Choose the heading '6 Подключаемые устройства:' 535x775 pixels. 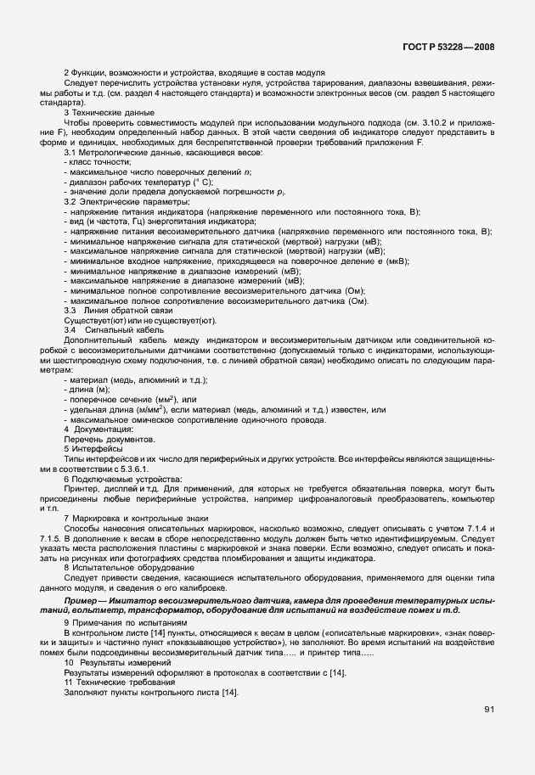coord(117,479)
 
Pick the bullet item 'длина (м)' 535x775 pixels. coord(89,389)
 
